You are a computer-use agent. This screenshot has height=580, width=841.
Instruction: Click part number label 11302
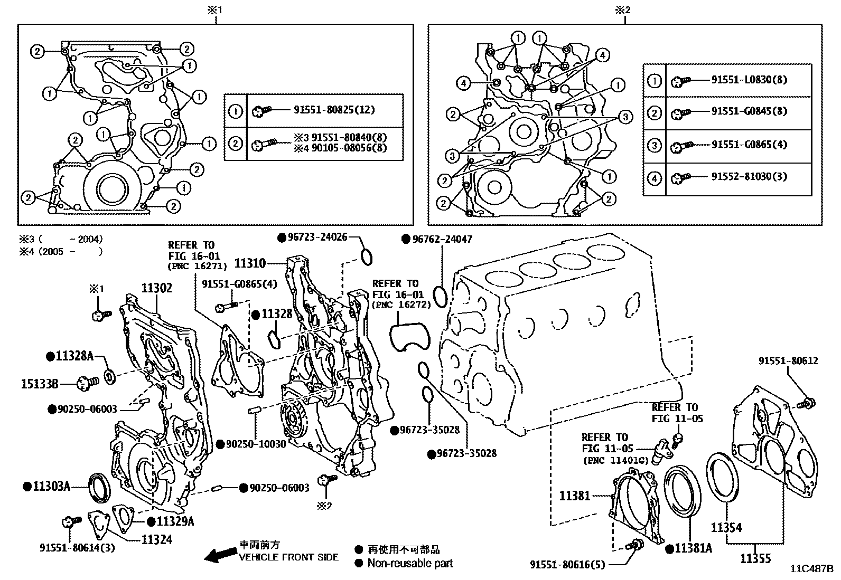coord(156,288)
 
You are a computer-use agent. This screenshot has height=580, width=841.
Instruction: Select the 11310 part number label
coord(250,262)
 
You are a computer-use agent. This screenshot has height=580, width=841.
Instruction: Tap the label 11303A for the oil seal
coord(51,486)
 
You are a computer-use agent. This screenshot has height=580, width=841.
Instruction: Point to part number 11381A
coord(693,548)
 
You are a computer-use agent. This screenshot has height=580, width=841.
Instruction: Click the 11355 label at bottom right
coord(755,558)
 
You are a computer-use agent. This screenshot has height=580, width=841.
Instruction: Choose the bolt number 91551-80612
coord(788,360)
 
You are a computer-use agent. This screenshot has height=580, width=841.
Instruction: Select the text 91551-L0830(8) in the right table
coord(749,80)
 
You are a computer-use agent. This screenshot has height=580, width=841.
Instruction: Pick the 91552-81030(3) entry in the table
coord(749,176)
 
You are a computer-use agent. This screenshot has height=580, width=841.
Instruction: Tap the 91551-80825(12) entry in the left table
coord(334,110)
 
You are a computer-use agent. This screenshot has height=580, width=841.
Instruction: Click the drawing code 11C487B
coord(811,569)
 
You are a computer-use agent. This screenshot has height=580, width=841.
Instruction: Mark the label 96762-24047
coord(442,239)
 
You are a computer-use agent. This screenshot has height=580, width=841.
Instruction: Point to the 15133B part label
coord(40,383)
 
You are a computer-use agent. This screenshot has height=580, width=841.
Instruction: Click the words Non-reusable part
coord(410,564)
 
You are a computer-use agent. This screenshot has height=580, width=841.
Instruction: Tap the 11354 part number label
coord(726,527)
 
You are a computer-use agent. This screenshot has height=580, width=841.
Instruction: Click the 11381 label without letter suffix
coord(575,496)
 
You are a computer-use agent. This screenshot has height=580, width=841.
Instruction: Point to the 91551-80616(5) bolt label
coord(568,565)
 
